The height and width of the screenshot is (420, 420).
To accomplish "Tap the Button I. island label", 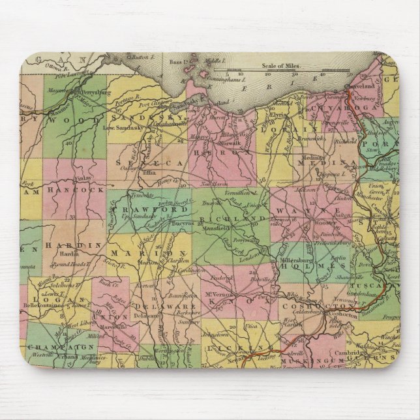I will point(140,57).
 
